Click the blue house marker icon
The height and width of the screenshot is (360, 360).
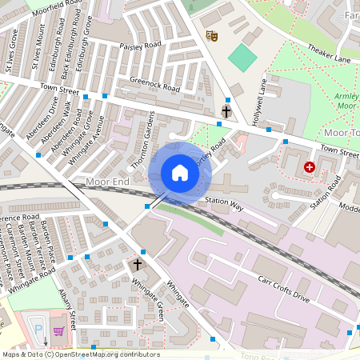[179, 173]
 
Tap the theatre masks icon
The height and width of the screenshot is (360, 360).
[212, 35]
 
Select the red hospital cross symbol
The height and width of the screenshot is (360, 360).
[309, 167]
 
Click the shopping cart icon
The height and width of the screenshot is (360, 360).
[58, 330]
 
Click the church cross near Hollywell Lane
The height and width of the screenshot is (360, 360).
[226, 111]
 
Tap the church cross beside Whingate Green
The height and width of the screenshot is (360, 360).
[137, 264]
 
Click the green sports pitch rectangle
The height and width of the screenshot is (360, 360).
[240, 56]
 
